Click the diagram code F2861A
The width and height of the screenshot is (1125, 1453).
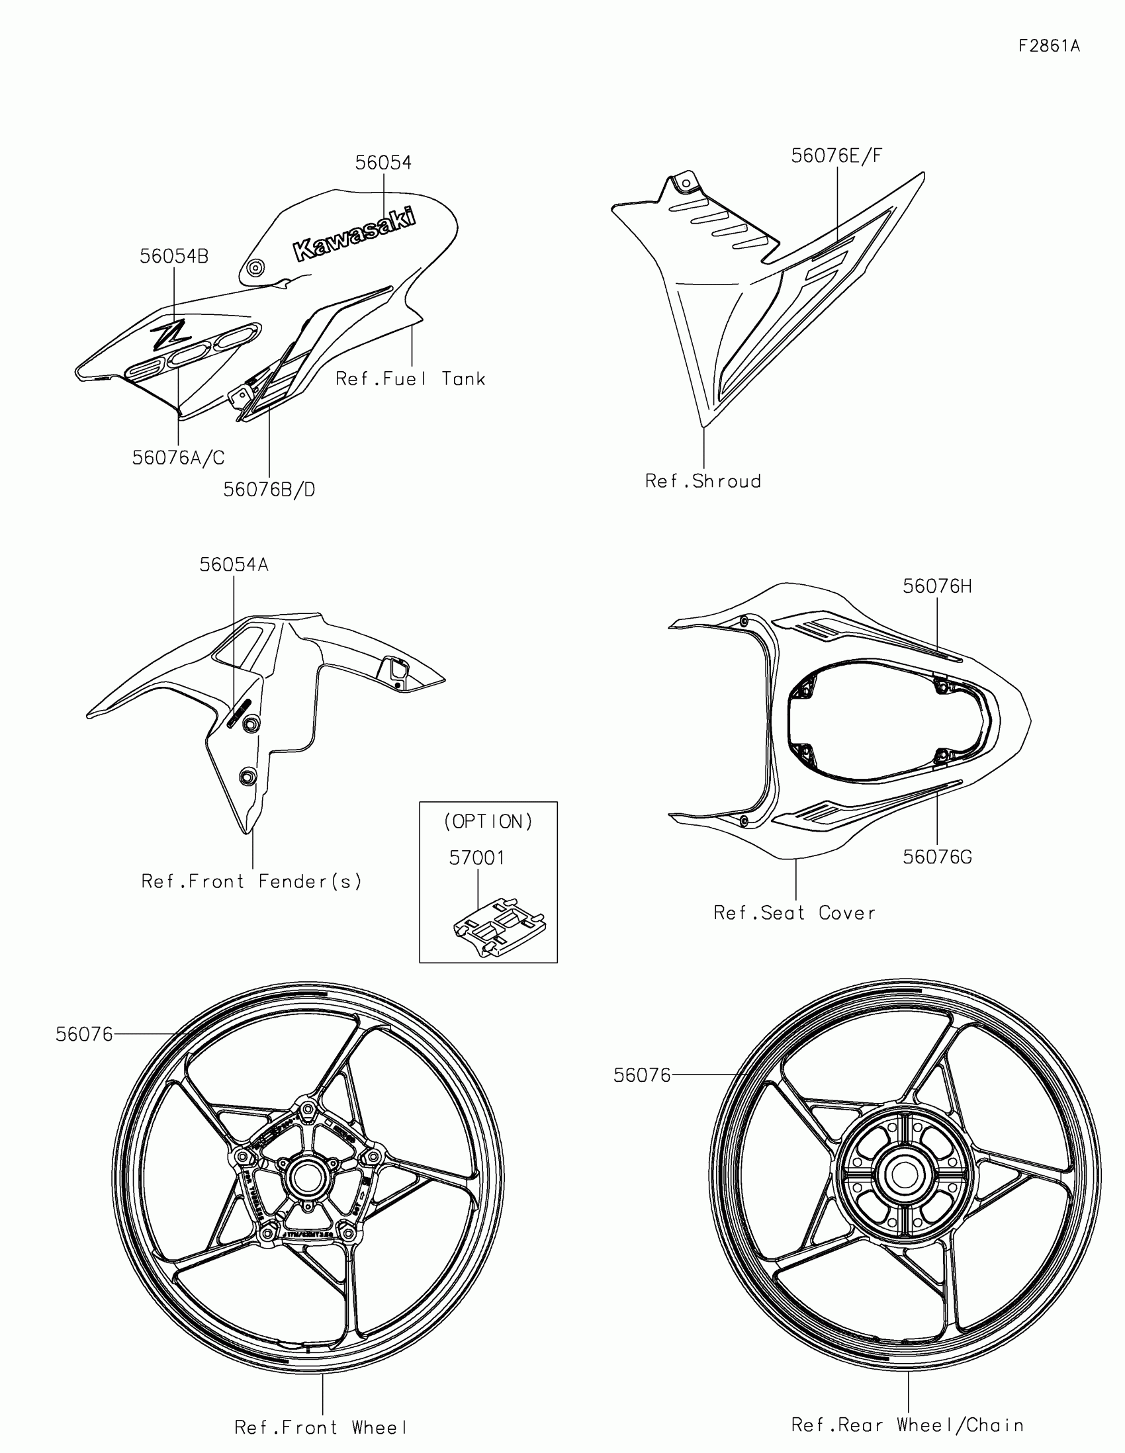coord(1048,46)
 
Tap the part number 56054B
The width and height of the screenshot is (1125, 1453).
coord(173,256)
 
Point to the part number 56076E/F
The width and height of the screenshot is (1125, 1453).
coord(836,155)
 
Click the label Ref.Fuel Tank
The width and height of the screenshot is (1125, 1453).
coord(410,379)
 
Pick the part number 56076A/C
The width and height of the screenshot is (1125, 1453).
coord(178,458)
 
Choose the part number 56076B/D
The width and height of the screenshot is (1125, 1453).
coord(269,490)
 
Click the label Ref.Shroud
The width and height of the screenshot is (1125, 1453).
coord(703,481)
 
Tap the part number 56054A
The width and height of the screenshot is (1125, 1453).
coord(234,565)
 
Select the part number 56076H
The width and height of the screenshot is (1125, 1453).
coord(936,586)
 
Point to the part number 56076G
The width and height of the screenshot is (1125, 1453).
coord(936,857)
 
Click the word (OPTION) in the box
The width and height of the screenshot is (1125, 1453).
coord(488,822)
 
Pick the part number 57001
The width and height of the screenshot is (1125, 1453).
coord(476,858)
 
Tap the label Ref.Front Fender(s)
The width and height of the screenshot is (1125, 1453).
coord(251,881)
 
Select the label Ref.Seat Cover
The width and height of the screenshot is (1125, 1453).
coord(794,913)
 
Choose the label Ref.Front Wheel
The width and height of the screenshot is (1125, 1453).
coord(321,1428)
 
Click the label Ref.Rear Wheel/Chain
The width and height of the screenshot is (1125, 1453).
coord(907,1425)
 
